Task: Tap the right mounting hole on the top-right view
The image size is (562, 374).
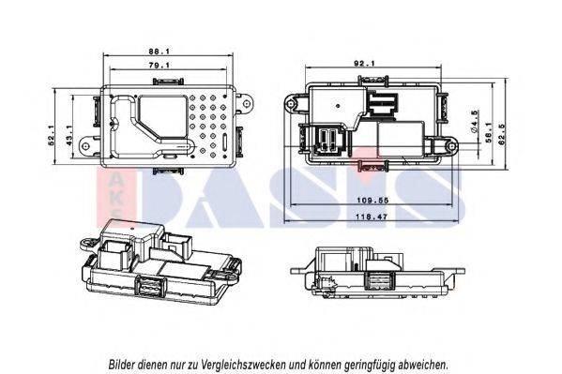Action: [452, 145]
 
